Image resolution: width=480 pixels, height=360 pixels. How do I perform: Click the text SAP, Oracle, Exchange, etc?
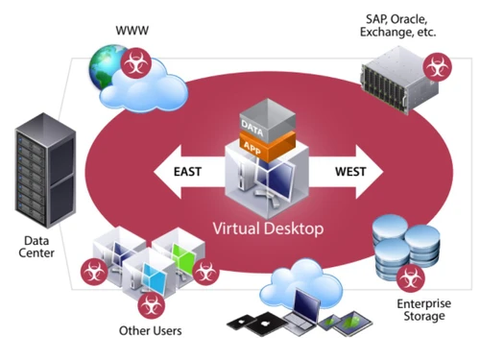point(400,24)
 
